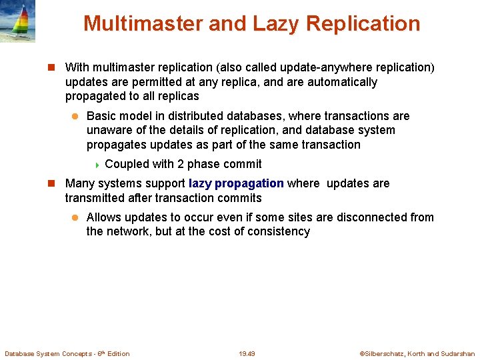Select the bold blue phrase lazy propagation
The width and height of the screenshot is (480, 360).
pos(236,183)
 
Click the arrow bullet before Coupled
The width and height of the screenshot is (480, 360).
pos(97,165)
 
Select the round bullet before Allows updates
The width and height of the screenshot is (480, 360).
pos(75,217)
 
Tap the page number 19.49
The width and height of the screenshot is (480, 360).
pos(247,353)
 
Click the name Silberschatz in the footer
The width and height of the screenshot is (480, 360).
pos(383,353)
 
